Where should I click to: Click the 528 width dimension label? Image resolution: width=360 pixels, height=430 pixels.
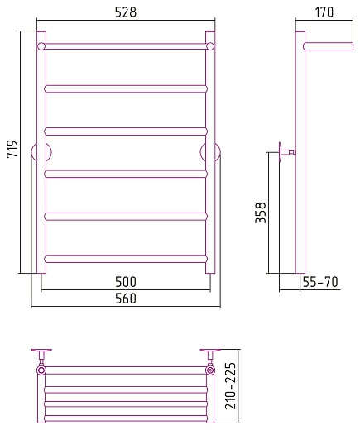[x=126, y=12]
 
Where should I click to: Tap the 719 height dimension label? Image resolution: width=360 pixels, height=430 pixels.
[x=12, y=149]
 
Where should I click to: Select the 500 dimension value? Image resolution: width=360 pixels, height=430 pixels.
[x=126, y=282]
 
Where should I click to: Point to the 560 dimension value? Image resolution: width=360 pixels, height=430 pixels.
[x=126, y=299]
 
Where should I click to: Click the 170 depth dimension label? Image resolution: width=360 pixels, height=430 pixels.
[x=324, y=12]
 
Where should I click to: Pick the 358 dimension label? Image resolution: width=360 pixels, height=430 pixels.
[x=261, y=213]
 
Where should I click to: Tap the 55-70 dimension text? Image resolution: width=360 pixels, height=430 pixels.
[x=320, y=282]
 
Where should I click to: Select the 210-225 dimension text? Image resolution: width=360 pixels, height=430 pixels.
[x=231, y=386]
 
